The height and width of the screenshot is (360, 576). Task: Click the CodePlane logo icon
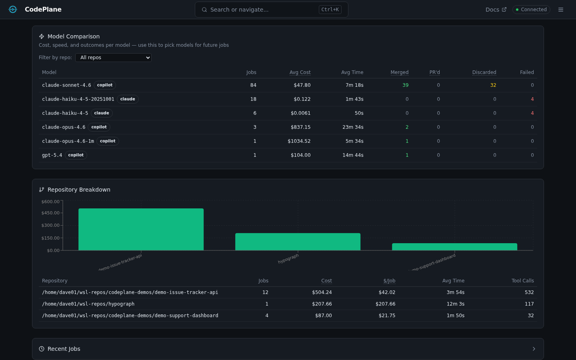[x=13, y=10]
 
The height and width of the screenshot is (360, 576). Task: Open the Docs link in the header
[x=496, y=10]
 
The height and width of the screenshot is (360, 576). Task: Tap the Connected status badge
[x=531, y=10]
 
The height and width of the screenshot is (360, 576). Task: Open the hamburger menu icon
[x=561, y=10]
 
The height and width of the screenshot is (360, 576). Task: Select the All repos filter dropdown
[x=113, y=58]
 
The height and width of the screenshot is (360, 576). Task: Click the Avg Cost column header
[x=300, y=72]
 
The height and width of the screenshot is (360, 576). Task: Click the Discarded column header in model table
[x=484, y=72]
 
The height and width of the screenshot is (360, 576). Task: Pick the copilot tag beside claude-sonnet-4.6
[x=105, y=85]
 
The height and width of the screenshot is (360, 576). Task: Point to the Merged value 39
[x=405, y=85]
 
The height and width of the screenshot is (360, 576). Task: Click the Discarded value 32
[x=493, y=85]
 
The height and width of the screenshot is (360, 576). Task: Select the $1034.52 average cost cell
[x=299, y=141]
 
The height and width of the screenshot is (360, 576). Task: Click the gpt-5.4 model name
[x=52, y=155]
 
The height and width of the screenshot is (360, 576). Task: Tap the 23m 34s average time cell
[x=353, y=127]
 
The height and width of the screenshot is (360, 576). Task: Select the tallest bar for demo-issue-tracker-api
[x=141, y=229]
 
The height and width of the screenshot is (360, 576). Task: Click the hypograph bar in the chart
[x=298, y=242]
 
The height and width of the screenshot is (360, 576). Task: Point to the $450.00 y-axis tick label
[x=50, y=213]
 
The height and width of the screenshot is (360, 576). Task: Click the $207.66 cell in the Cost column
[x=322, y=304]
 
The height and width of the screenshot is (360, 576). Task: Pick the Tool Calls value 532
[x=529, y=292]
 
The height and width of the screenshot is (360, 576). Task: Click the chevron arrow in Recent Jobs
[x=534, y=349]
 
